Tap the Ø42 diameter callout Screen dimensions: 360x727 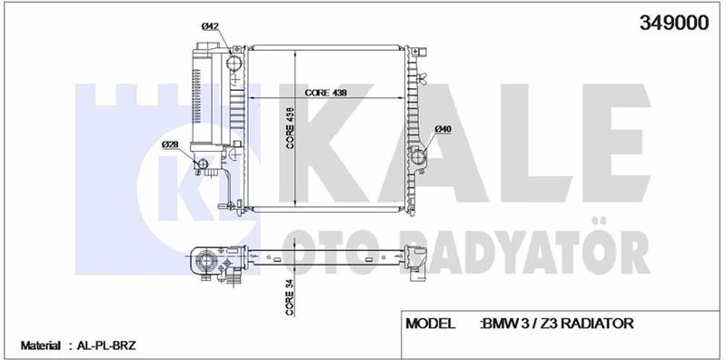tap(210, 27)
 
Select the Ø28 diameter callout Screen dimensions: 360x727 tap(169, 145)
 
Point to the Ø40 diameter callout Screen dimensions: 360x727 tap(443, 129)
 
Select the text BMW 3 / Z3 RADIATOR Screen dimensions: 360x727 tap(556, 324)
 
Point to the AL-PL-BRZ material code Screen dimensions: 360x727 tap(105, 346)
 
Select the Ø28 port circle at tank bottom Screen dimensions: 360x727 tap(204, 166)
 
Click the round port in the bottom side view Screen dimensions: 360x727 tap(207, 263)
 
